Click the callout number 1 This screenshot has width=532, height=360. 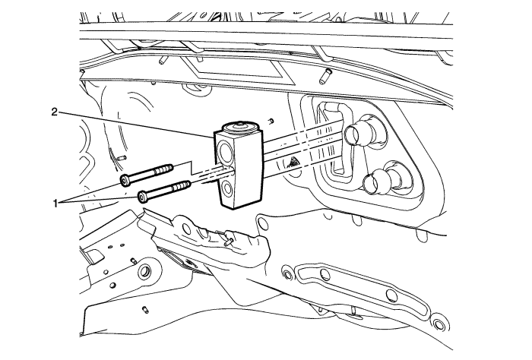(x=55, y=203)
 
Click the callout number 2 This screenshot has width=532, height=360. (x=55, y=112)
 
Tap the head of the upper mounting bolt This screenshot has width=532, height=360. (x=125, y=180)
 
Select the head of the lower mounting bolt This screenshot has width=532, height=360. (x=142, y=196)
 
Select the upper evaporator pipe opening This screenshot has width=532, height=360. (x=353, y=134)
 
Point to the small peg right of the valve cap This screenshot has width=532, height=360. (x=271, y=121)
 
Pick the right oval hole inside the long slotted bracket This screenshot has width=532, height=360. (x=391, y=295)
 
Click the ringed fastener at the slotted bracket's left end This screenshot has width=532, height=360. (x=288, y=274)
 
